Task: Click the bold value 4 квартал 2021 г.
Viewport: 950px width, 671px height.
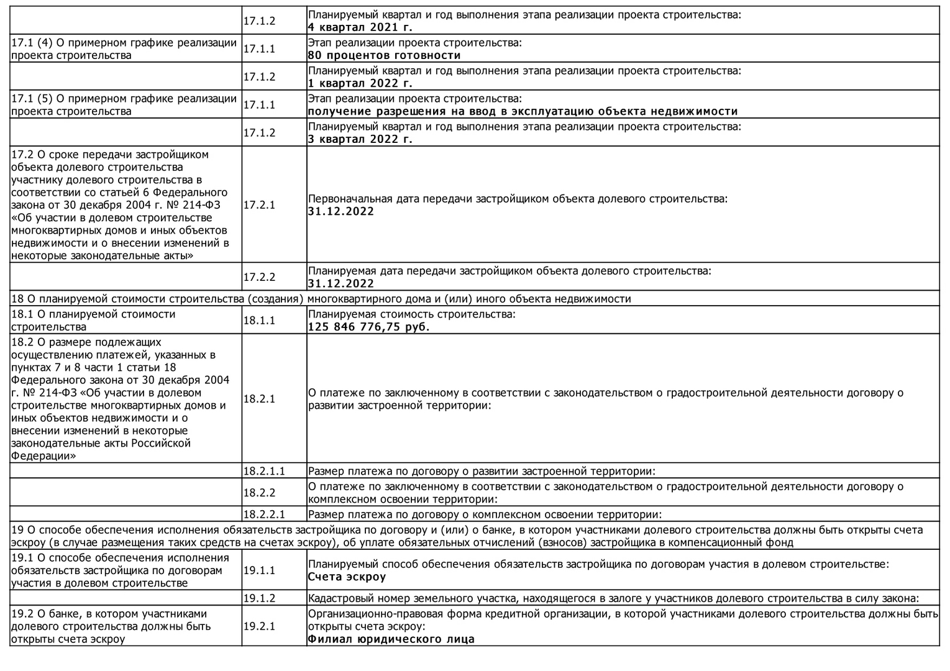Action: point(360,27)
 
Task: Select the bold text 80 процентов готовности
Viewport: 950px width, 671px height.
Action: point(384,55)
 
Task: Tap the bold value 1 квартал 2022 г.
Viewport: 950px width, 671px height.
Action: point(360,83)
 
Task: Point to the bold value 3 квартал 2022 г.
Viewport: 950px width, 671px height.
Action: point(360,139)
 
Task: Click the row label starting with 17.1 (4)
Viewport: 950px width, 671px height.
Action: point(124,48)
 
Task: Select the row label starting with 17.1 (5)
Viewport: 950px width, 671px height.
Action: point(124,104)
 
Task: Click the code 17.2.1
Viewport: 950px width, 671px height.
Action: point(259,204)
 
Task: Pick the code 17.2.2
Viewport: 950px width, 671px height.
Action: point(259,277)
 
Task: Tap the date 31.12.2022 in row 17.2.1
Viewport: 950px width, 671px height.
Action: point(341,211)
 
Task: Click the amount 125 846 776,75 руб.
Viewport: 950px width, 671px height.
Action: point(369,327)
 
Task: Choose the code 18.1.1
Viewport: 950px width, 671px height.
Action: point(259,321)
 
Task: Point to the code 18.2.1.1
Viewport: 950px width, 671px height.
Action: point(263,471)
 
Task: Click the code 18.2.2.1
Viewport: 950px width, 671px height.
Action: point(263,514)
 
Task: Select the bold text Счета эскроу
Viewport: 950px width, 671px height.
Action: point(347,577)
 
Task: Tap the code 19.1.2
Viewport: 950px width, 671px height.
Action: point(259,598)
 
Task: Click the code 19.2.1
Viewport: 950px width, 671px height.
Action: point(259,626)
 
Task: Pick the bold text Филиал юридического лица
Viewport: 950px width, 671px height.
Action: point(391,639)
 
